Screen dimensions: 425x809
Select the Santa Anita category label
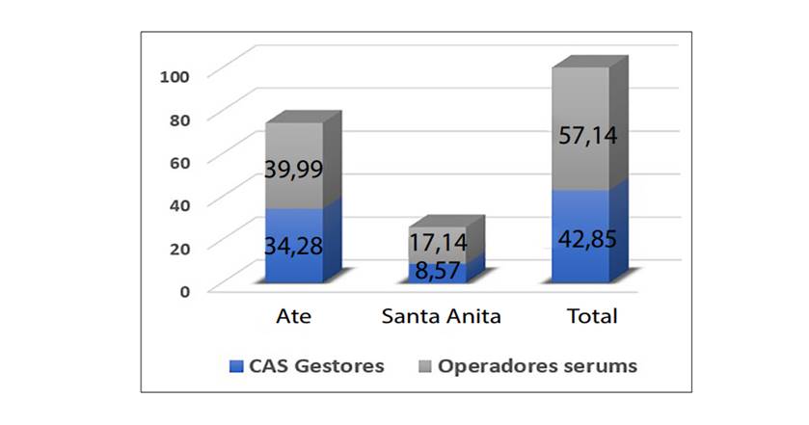tap(441, 316)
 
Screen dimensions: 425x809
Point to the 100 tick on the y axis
tap(187, 75)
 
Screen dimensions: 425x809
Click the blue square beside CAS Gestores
tap(235, 366)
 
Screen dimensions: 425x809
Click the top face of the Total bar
tap(591, 63)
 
